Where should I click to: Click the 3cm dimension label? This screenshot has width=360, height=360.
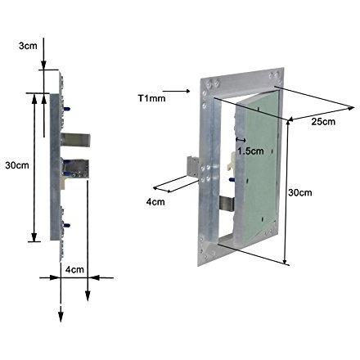[28, 46]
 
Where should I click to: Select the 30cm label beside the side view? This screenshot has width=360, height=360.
[17, 165]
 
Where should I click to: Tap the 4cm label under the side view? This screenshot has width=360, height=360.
[74, 269]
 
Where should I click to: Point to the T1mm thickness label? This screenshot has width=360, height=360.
[151, 98]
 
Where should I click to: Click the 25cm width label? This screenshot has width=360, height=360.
[323, 121]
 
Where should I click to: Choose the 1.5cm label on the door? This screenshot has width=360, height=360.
[250, 151]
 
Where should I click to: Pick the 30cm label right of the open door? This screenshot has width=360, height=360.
[300, 192]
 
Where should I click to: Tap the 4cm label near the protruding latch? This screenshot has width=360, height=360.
[155, 202]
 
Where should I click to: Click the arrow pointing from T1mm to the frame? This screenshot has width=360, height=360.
[176, 91]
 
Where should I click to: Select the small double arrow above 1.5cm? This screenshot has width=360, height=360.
[241, 140]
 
